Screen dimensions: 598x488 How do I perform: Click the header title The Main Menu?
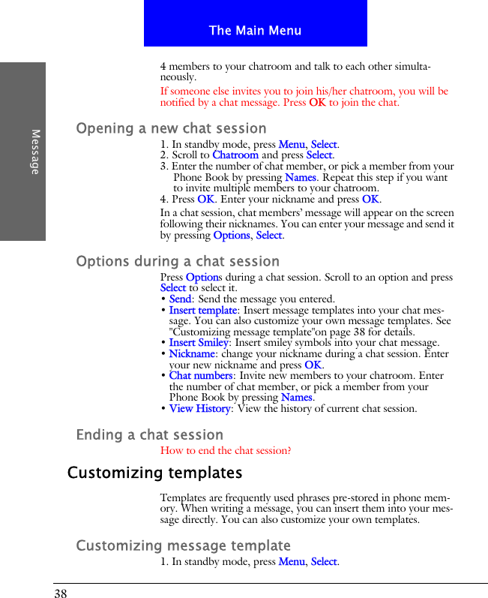click(255, 31)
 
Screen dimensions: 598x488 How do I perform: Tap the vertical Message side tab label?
click(35, 152)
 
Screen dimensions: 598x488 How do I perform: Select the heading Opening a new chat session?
click(171, 128)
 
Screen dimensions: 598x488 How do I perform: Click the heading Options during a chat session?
click(178, 261)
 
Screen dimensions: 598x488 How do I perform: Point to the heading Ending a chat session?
click(150, 434)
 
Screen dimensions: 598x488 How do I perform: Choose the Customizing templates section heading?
click(155, 473)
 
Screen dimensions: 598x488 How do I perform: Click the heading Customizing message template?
click(184, 545)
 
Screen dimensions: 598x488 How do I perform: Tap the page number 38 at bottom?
click(60, 593)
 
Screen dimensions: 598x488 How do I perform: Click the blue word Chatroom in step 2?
click(235, 155)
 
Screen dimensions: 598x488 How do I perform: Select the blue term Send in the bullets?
click(180, 299)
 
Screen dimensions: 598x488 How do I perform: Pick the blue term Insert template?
click(202, 310)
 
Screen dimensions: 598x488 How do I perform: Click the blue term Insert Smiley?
click(199, 343)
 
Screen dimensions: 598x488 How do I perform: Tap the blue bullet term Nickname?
click(192, 353)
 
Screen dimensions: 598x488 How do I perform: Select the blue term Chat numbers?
click(201, 376)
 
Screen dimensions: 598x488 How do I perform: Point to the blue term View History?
click(199, 409)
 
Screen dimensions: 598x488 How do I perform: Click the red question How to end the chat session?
click(226, 451)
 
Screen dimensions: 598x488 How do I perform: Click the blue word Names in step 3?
click(300, 178)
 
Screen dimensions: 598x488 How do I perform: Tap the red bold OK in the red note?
click(317, 103)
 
